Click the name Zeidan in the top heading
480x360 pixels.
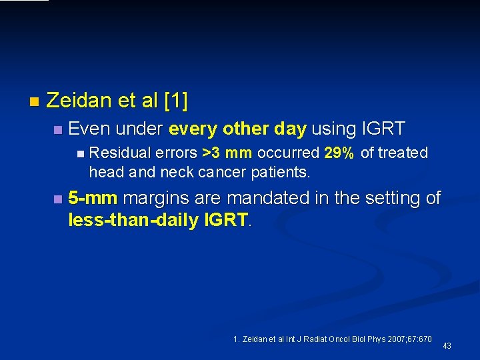click(x=79, y=101)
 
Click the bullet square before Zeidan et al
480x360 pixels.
click(x=34, y=102)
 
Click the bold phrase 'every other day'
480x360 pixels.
click(x=237, y=129)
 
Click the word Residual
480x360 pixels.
click(x=114, y=153)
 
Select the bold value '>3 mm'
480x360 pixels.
click(x=227, y=153)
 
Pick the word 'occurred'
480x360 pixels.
click(x=288, y=153)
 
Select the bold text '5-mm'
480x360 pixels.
click(x=93, y=198)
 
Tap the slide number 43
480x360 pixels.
click(x=447, y=345)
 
